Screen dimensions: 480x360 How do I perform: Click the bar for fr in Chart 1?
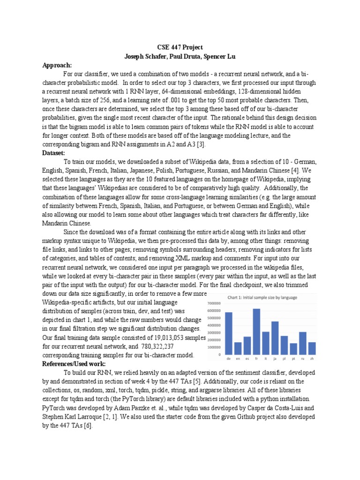(256, 331)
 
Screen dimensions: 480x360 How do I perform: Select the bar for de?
(229, 333)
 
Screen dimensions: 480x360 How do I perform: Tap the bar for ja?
(275, 338)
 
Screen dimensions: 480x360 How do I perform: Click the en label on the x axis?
(238, 359)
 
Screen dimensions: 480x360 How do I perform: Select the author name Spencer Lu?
(220, 57)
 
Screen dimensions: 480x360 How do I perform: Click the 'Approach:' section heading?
(57, 65)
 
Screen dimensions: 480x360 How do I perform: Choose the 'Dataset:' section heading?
(54, 153)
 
